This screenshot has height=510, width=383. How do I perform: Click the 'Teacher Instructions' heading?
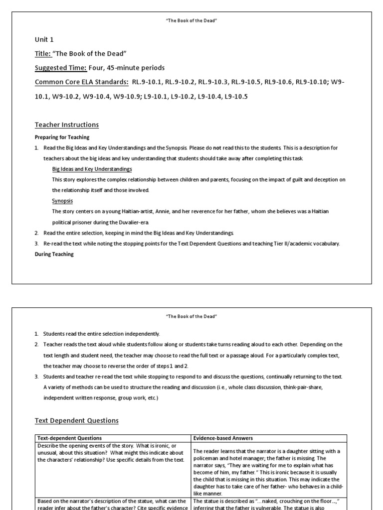tap(67, 125)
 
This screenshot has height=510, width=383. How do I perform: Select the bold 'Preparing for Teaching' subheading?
tap(62, 137)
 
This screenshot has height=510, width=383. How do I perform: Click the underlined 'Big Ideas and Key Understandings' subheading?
tap(92, 169)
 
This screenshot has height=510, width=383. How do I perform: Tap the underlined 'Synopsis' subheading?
tap(62, 201)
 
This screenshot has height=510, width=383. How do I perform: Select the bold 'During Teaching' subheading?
tap(54, 254)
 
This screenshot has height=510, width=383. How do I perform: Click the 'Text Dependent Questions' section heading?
tap(77, 420)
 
